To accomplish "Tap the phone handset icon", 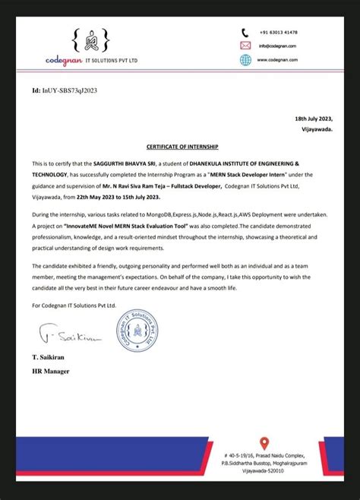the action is [245, 33].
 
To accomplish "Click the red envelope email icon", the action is [245, 45].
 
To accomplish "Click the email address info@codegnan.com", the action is [277, 46].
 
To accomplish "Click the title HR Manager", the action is [51, 371].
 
